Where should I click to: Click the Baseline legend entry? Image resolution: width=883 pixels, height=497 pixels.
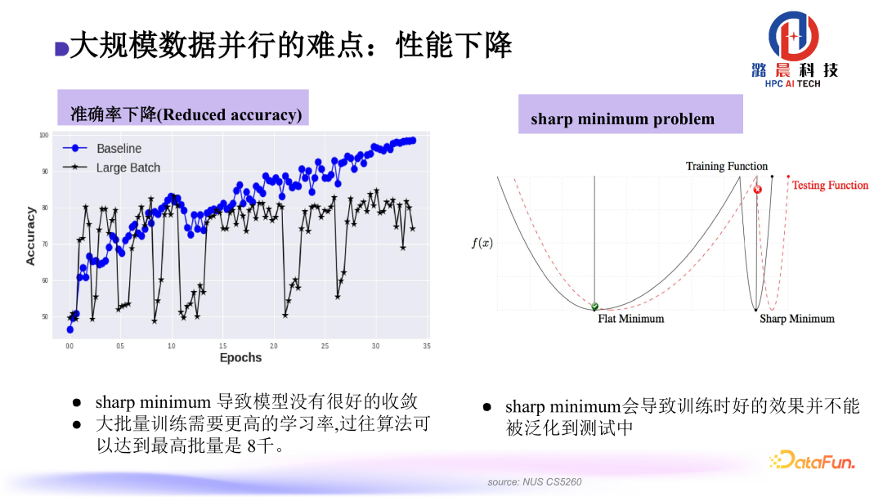pos(118,149)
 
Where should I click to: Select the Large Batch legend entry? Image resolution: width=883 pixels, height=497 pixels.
pos(128,168)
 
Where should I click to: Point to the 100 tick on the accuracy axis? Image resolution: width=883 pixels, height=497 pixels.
pos(43,135)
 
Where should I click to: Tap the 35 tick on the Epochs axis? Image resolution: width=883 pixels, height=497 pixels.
pos(426,346)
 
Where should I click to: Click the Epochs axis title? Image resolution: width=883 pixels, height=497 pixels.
pos(240,358)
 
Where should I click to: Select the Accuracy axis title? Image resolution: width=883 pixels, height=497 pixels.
pos(31,235)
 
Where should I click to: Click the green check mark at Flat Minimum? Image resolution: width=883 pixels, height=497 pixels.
pos(594,307)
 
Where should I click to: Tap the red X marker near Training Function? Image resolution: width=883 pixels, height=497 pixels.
pos(757,189)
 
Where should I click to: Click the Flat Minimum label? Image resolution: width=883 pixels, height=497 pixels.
pos(630,319)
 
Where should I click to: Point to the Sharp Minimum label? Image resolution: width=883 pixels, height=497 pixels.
pos(796,319)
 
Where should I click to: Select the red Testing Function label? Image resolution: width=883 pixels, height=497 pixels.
pos(830,186)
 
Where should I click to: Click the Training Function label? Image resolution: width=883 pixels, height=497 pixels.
pos(726,167)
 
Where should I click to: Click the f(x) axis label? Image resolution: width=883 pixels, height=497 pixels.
pos(482,243)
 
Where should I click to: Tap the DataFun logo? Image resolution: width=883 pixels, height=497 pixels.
pos(812,461)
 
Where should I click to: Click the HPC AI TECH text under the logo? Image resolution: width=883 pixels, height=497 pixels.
pos(792,83)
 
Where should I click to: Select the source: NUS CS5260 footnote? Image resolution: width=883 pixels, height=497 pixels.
pos(535,482)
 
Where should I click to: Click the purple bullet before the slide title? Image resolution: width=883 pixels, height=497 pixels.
pos(61,48)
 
